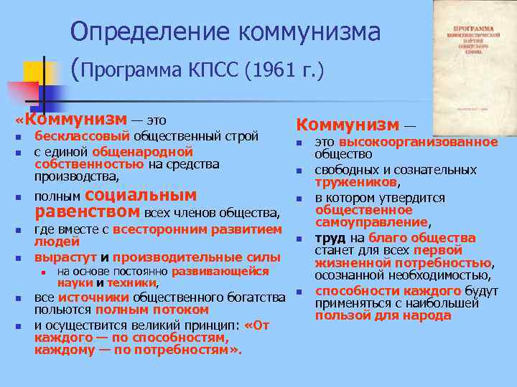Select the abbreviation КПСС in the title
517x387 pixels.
(x=215, y=70)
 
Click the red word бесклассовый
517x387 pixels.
(x=82, y=135)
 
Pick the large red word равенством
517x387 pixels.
(x=88, y=211)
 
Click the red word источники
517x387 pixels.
(x=89, y=297)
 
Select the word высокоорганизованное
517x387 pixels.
(x=419, y=142)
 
